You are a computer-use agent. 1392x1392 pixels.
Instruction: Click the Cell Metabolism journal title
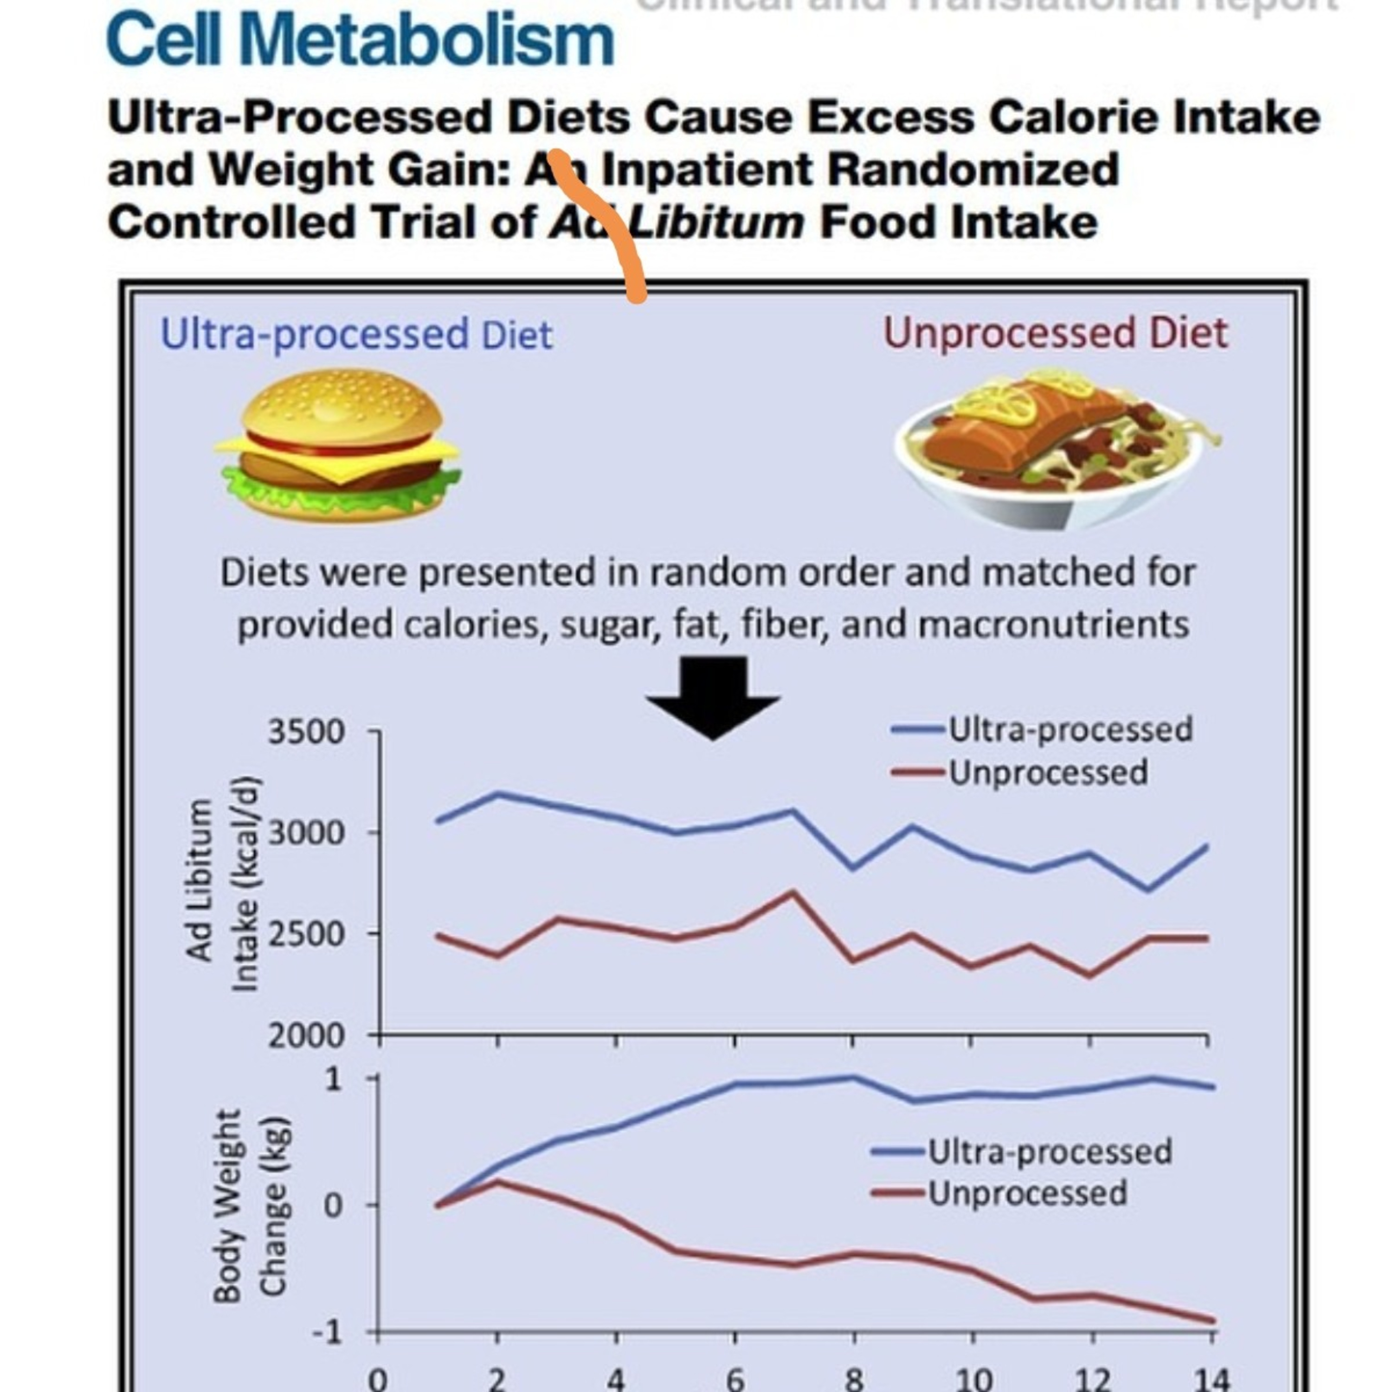click(x=360, y=39)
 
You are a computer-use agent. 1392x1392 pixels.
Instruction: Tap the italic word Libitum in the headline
click(x=717, y=222)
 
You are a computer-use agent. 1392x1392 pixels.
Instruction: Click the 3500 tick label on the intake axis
click(x=306, y=732)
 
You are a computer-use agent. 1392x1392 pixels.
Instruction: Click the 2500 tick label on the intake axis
click(x=306, y=934)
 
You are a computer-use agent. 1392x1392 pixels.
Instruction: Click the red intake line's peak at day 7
click(x=793, y=893)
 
